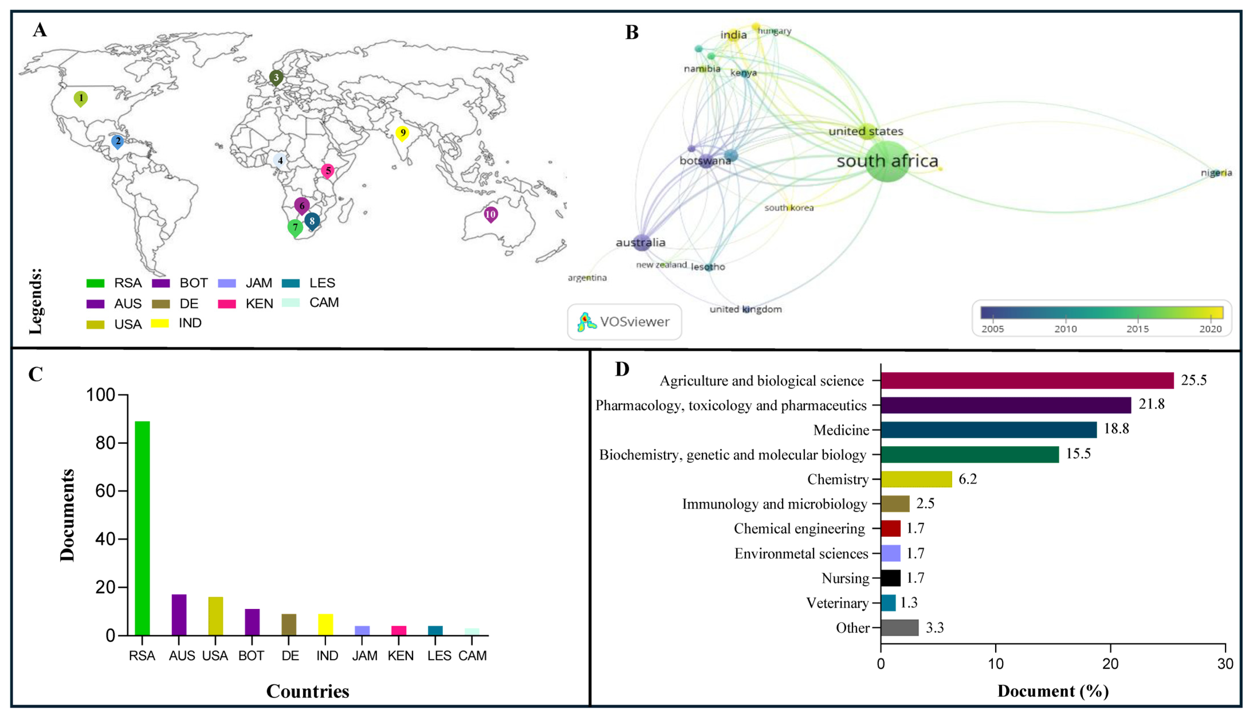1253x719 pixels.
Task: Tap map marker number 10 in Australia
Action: (491, 214)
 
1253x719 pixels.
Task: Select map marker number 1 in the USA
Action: (81, 98)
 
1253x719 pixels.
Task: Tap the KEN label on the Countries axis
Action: (401, 656)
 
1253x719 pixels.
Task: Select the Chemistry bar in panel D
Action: (916, 479)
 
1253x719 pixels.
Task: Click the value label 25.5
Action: (1194, 380)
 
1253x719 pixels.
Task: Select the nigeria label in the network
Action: (1216, 173)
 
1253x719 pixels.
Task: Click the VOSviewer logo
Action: (625, 322)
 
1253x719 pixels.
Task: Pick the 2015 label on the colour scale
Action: (1138, 329)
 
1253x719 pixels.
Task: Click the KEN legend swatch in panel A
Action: (227, 304)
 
